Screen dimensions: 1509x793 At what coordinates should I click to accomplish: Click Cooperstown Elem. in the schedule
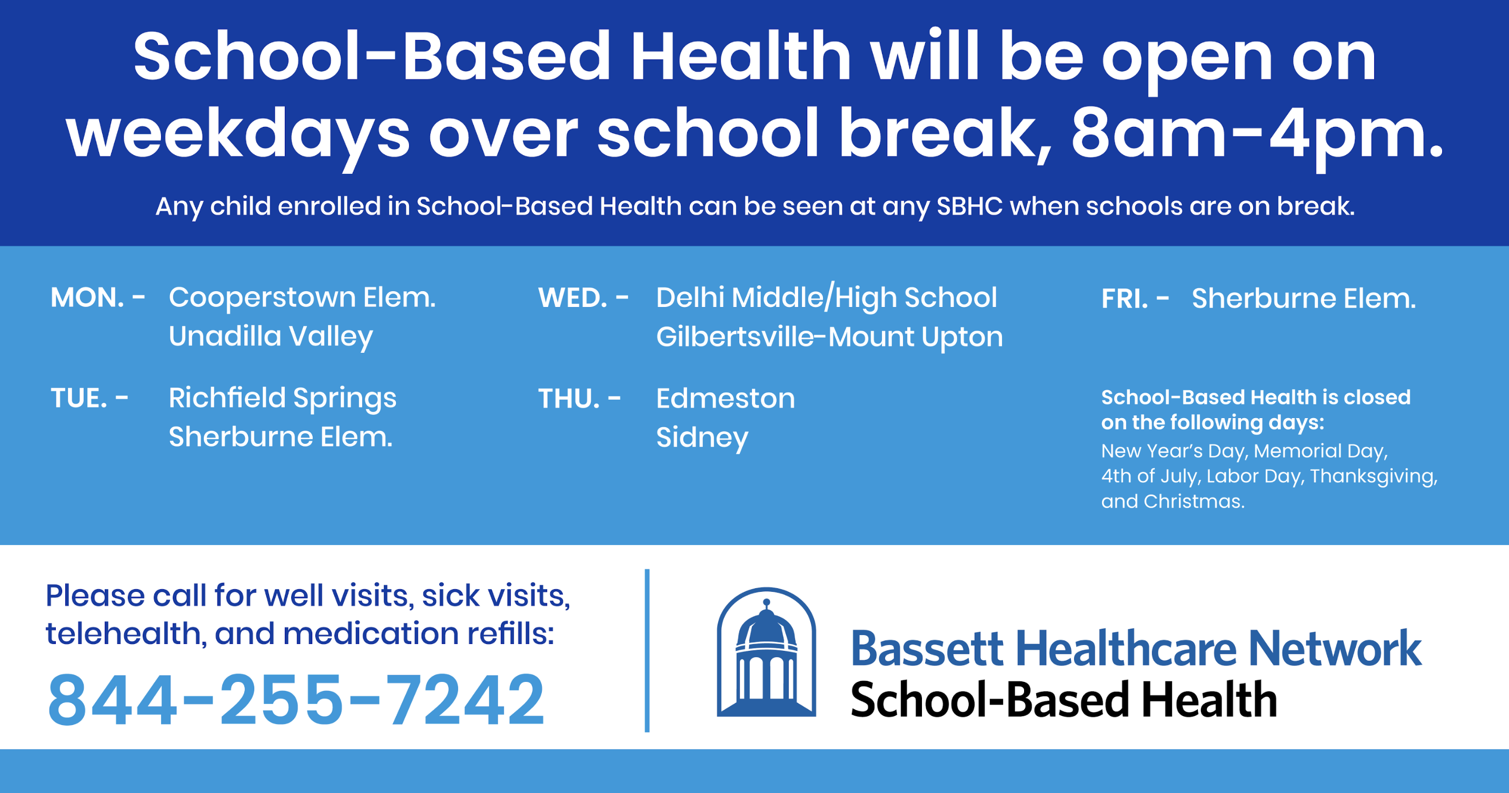pos(302,298)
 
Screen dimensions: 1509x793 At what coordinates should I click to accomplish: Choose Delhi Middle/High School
pos(827,298)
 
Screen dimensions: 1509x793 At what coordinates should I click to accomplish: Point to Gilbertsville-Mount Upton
pos(829,338)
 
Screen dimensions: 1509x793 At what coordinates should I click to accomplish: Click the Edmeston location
pos(726,399)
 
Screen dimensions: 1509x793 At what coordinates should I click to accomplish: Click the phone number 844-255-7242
pos(296,699)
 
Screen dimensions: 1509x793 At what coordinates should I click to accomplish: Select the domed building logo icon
pos(766,652)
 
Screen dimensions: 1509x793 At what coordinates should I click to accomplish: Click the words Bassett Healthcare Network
pos(1136,649)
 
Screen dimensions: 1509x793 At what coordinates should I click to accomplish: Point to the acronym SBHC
pos(969,206)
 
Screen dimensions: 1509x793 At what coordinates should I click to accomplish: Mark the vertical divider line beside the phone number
pos(647,650)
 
